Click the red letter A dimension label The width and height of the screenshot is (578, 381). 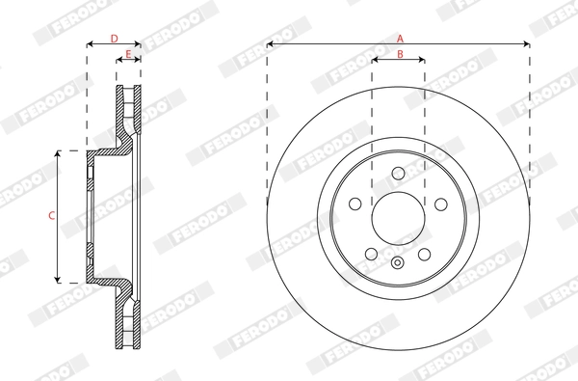399,38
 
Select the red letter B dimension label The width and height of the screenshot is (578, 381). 399,54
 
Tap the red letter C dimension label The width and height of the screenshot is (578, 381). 51,216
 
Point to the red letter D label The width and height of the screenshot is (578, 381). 114,39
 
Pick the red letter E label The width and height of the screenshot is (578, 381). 128,54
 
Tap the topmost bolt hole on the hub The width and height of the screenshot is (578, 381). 398,173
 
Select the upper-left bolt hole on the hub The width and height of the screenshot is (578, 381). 355,204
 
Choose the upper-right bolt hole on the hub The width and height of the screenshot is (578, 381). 441,204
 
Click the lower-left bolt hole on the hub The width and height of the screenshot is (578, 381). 371,254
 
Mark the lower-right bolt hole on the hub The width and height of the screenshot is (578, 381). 425,254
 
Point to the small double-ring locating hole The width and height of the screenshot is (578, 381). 398,263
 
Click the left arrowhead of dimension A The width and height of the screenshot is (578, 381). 270,44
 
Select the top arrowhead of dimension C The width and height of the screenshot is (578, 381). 60,153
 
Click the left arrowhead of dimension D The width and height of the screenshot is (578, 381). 90,44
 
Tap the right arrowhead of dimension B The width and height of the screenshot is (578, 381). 422,60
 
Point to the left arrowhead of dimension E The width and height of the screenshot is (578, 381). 119,60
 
